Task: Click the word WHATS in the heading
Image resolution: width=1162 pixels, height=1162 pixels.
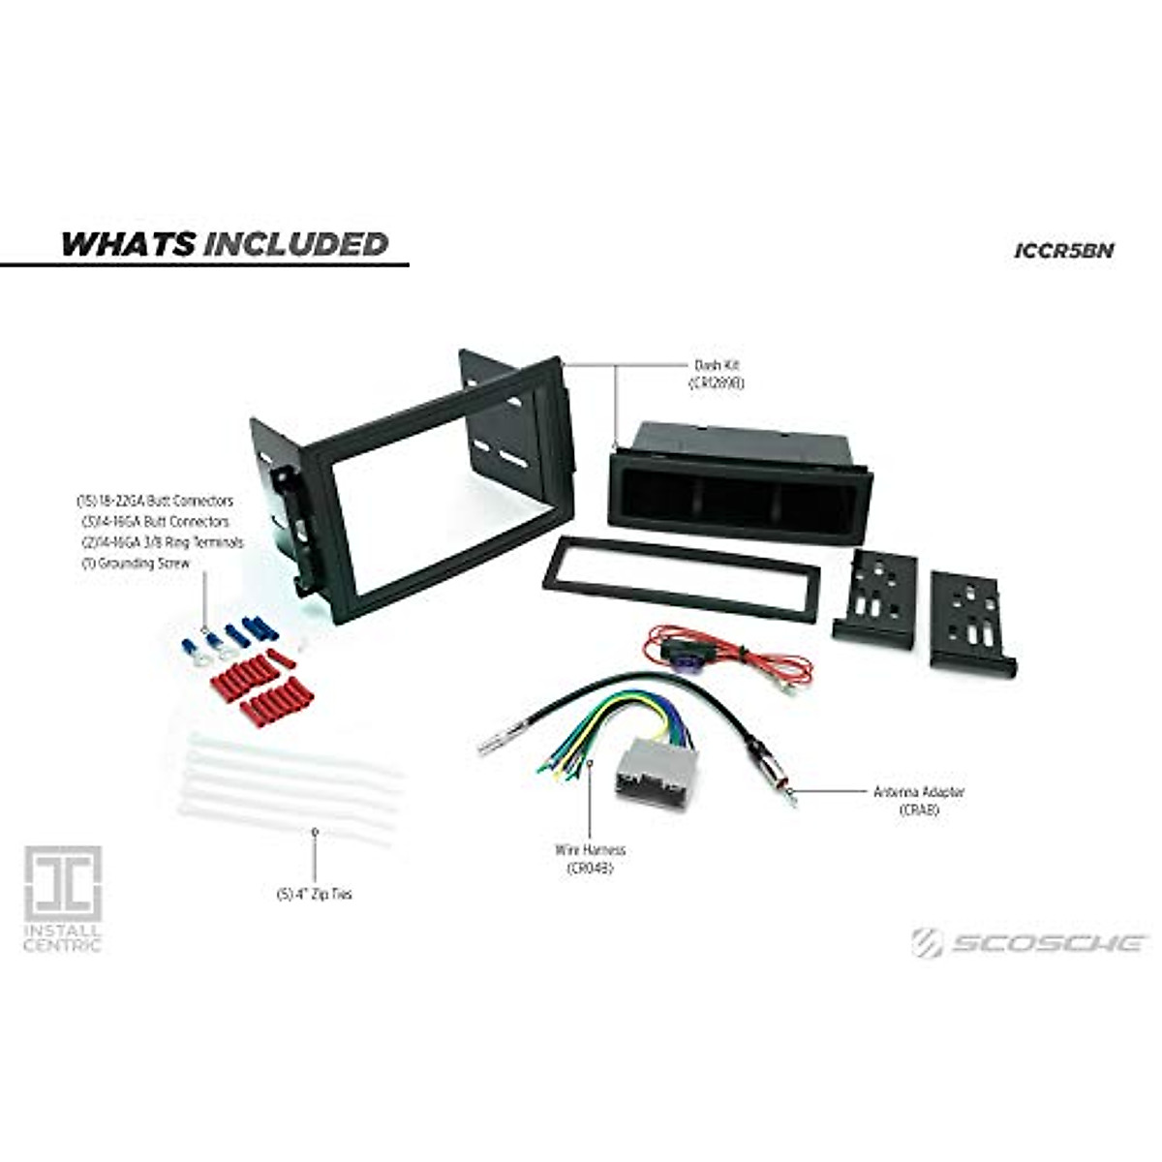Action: tap(128, 244)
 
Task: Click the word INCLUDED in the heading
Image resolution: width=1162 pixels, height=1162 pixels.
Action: tap(295, 244)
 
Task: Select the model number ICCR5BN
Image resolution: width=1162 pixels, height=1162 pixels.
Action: tap(1064, 250)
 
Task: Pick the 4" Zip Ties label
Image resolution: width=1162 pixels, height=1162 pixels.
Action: tap(314, 895)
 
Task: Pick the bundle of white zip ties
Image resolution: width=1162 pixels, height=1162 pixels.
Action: tap(290, 784)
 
